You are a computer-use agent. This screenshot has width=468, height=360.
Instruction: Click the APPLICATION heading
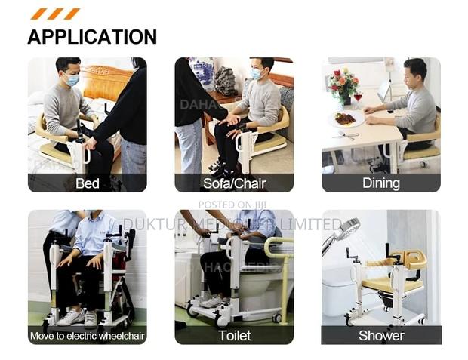point(92,36)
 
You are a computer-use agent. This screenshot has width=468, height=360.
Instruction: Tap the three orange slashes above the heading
point(54,14)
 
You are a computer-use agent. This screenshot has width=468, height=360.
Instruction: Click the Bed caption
point(87,183)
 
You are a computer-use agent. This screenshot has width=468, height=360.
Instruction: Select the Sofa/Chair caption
point(234,183)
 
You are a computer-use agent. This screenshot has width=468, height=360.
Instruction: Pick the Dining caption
point(380,183)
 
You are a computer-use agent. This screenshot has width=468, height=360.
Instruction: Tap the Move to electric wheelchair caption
point(87,335)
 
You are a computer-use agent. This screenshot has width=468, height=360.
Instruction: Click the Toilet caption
point(234,335)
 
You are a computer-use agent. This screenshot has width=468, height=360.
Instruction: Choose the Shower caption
point(380,335)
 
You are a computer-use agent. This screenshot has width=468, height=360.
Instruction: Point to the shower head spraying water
point(345,229)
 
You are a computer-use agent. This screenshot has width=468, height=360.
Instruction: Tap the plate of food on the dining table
point(345,118)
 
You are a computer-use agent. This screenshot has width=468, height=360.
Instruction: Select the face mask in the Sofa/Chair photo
point(257,75)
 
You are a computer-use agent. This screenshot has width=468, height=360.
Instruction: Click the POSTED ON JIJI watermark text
point(232,205)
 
